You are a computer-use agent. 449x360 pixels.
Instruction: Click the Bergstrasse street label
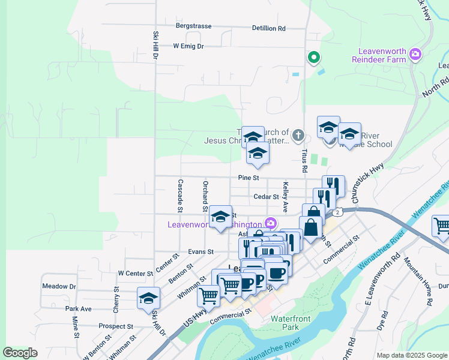[194, 26]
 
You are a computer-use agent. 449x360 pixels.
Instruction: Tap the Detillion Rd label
[268, 28]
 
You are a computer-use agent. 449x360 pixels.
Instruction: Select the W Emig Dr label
[188, 46]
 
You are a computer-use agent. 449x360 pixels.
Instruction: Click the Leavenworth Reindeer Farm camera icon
[415, 56]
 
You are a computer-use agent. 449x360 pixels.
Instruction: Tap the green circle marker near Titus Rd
[313, 58]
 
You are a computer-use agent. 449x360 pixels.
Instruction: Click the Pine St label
[248, 178]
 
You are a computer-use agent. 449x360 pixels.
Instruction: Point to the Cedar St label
[267, 196]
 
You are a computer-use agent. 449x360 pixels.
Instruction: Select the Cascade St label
[179, 195]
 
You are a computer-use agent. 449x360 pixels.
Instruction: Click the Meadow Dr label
[59, 286]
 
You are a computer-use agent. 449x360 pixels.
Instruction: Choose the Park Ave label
[78, 308]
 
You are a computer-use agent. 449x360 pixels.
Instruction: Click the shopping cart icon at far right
[442, 226]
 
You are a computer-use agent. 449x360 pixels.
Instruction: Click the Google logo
[20, 353]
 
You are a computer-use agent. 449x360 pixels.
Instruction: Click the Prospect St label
[116, 326]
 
